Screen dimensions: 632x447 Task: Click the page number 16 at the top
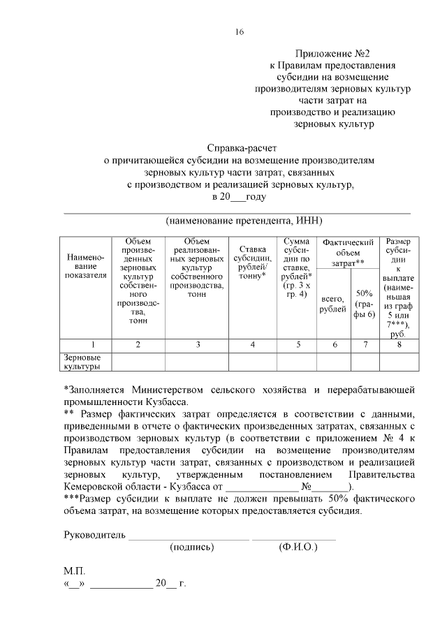tap(240, 32)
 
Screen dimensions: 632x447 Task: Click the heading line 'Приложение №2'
tap(332, 53)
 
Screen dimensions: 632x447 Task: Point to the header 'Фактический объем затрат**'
tap(347, 252)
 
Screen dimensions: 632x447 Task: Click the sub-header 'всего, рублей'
tap(332, 304)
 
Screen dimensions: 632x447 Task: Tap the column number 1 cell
tap(86, 344)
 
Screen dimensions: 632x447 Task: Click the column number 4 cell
tap(252, 344)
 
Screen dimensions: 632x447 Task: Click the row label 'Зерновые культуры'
tap(82, 361)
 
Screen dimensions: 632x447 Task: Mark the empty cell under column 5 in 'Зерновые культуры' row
tap(298, 361)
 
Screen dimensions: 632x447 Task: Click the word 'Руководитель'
tap(94, 536)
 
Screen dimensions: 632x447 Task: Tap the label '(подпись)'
tap(191, 548)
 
